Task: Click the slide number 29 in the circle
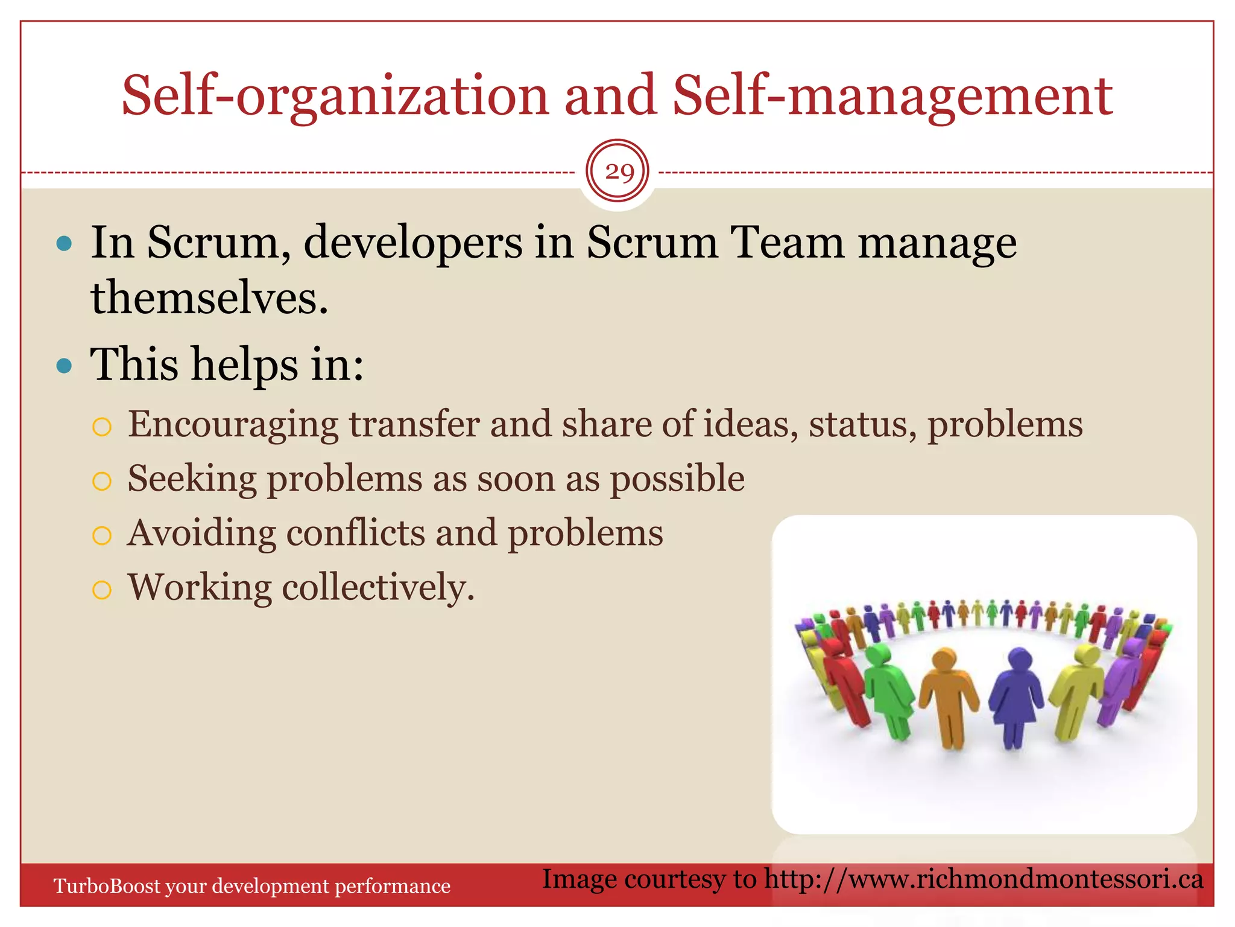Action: coord(619,173)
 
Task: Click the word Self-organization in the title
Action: coord(335,95)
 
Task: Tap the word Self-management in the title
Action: coord(892,95)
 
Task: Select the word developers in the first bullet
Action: coord(413,243)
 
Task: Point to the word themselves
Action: coord(209,298)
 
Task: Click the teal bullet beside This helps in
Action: coord(64,366)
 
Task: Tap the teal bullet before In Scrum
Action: coord(64,244)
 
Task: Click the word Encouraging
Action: coord(233,424)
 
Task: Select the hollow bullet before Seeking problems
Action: coord(102,481)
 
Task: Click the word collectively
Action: coord(378,587)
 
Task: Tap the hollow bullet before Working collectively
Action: coord(102,590)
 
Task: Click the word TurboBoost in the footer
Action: coord(107,886)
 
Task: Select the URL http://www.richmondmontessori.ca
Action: coord(984,879)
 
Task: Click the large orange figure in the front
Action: coord(949,694)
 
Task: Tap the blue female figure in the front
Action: coord(1017,694)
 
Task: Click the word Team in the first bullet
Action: coord(787,243)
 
